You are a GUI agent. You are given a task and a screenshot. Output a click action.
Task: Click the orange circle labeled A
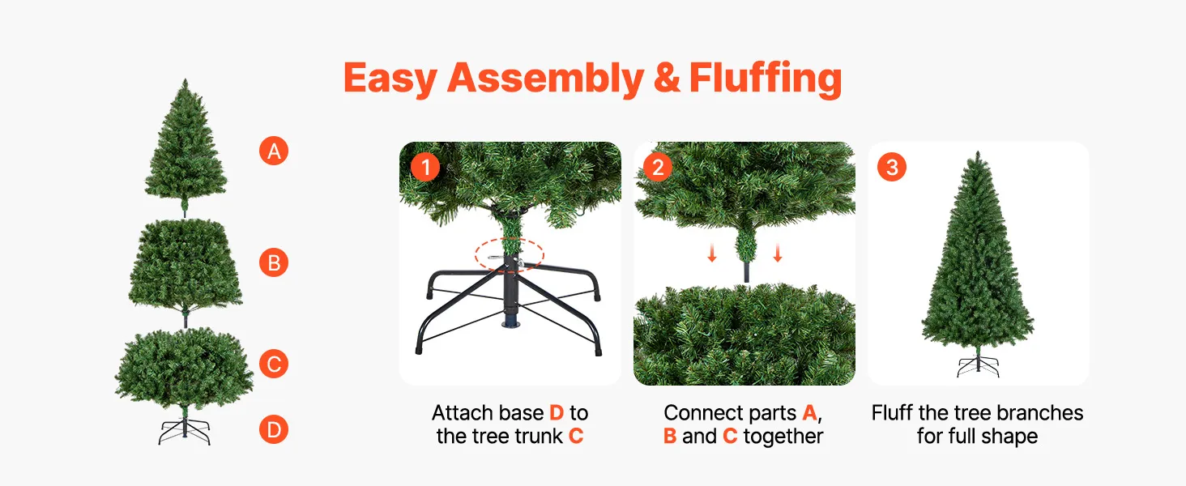tap(274, 151)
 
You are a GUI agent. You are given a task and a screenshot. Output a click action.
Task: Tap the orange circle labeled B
tap(274, 262)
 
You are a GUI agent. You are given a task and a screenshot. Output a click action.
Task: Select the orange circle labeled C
tap(274, 364)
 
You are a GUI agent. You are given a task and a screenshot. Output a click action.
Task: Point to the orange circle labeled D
tap(274, 429)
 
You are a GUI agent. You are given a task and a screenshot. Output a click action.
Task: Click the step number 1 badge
tap(425, 168)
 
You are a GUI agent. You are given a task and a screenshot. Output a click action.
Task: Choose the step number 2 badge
tap(658, 168)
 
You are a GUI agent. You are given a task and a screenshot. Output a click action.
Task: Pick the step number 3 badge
tap(892, 168)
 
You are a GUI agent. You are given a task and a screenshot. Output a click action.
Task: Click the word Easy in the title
tap(390, 79)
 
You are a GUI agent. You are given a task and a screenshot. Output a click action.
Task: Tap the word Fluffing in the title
tap(765, 79)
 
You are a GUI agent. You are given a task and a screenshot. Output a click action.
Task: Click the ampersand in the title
tap(667, 79)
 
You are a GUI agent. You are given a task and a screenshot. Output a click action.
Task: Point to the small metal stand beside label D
tap(184, 432)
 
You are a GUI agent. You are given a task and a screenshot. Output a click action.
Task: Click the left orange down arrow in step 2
tap(712, 253)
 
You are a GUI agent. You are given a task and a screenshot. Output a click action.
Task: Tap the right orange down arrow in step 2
tap(777, 253)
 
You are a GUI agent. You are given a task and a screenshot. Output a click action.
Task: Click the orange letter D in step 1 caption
tap(557, 413)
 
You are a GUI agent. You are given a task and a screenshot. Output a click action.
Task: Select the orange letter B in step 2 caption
tap(670, 437)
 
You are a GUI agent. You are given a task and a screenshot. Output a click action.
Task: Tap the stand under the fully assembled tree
tap(978, 366)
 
